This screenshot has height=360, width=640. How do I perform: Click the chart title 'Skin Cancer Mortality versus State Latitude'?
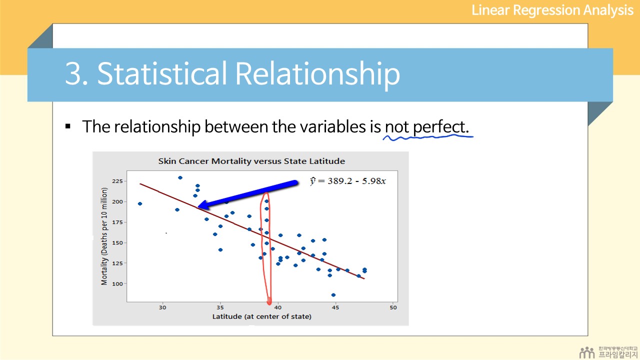click(x=251, y=161)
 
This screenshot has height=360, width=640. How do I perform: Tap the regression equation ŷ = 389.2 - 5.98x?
click(x=347, y=181)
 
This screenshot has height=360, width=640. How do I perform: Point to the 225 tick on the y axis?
click(x=117, y=181)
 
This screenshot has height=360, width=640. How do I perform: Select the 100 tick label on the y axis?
click(x=117, y=283)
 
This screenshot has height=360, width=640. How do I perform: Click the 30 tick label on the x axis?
click(x=162, y=307)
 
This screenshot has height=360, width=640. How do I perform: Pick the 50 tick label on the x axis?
click(x=393, y=307)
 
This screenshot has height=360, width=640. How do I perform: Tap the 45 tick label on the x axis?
click(x=335, y=307)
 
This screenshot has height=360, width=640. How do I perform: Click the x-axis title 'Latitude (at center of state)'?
click(x=261, y=316)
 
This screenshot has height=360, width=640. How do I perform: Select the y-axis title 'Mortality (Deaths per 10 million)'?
click(x=104, y=236)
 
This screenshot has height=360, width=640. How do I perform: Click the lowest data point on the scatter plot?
click(x=333, y=295)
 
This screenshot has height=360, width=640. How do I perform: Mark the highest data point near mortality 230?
click(x=180, y=177)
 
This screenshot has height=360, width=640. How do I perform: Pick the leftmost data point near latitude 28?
click(x=140, y=203)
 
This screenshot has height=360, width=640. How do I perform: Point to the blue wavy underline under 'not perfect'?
click(x=428, y=137)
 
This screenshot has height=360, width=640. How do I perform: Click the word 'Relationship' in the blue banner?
click(x=317, y=73)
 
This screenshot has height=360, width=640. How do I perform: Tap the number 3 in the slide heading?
click(x=72, y=73)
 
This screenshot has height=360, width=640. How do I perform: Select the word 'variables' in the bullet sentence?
click(x=333, y=126)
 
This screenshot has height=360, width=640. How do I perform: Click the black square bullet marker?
click(x=67, y=126)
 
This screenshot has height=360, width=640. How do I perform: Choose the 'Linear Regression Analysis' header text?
click(x=552, y=10)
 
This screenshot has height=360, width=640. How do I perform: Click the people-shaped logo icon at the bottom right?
click(x=587, y=352)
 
